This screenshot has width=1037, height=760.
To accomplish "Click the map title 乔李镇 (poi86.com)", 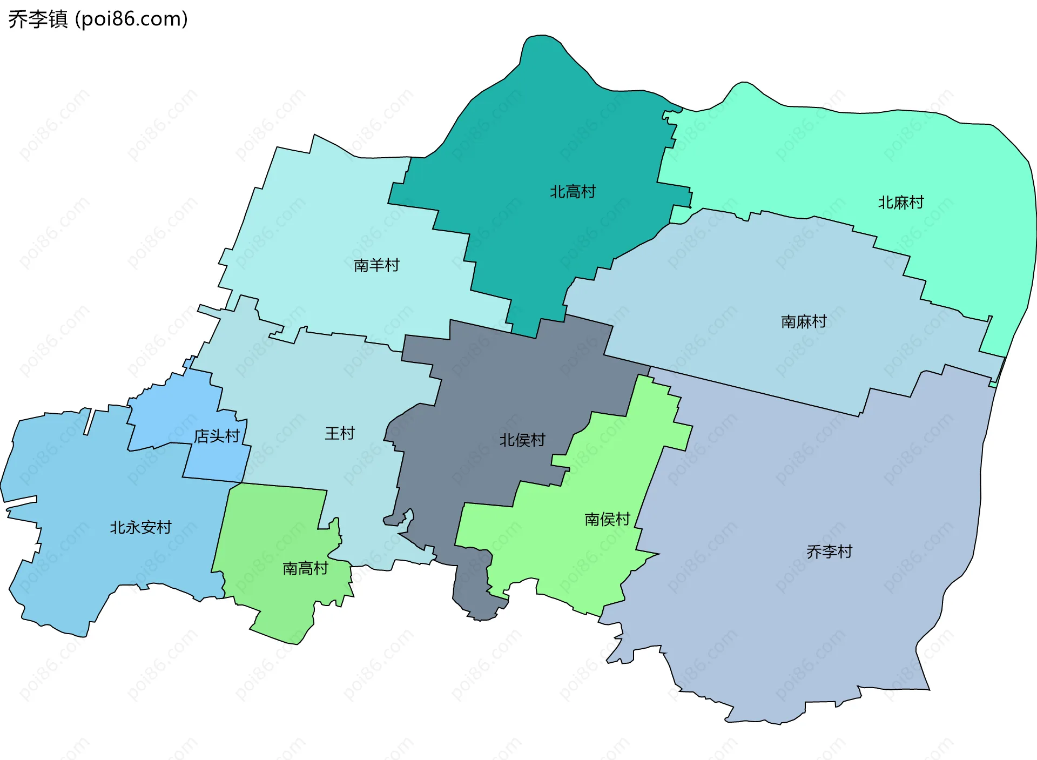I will point(98,19).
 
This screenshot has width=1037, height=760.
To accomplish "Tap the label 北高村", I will point(573,192).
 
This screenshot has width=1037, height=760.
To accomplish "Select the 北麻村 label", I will point(901,203).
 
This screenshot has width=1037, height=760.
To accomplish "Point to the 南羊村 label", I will point(376,265).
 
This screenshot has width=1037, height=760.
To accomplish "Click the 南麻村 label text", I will point(804,322).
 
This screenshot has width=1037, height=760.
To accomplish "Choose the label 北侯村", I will point(522,440).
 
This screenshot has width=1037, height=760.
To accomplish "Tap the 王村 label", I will point(340,433).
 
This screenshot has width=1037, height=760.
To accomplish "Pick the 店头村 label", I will point(217,436).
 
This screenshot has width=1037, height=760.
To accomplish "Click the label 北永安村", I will point(140,527).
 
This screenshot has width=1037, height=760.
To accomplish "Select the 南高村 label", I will point(305,568).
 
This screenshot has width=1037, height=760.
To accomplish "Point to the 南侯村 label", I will point(608,519).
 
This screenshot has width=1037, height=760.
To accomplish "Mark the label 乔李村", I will point(829,551).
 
